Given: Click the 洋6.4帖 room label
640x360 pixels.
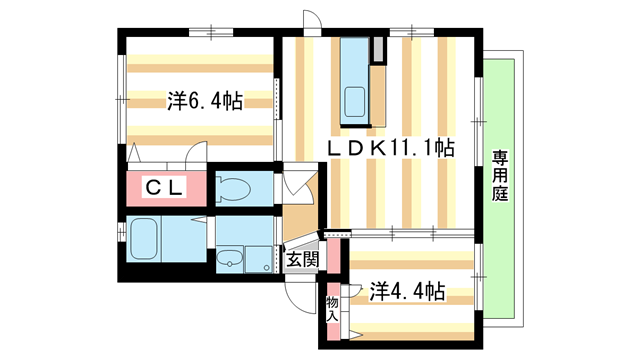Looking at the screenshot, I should point(205,101).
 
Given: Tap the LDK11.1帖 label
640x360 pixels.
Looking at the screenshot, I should point(393,148).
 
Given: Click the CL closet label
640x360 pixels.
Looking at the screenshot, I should point(165,188).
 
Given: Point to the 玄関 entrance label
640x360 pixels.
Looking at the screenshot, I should point(302,259).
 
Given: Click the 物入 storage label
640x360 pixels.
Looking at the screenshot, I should point(332,303).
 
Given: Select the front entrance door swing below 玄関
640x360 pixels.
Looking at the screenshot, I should point(298,289).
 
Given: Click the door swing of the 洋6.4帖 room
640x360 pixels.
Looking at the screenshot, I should point(196,158).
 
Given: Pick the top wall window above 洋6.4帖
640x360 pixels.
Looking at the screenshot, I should point(212,33).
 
